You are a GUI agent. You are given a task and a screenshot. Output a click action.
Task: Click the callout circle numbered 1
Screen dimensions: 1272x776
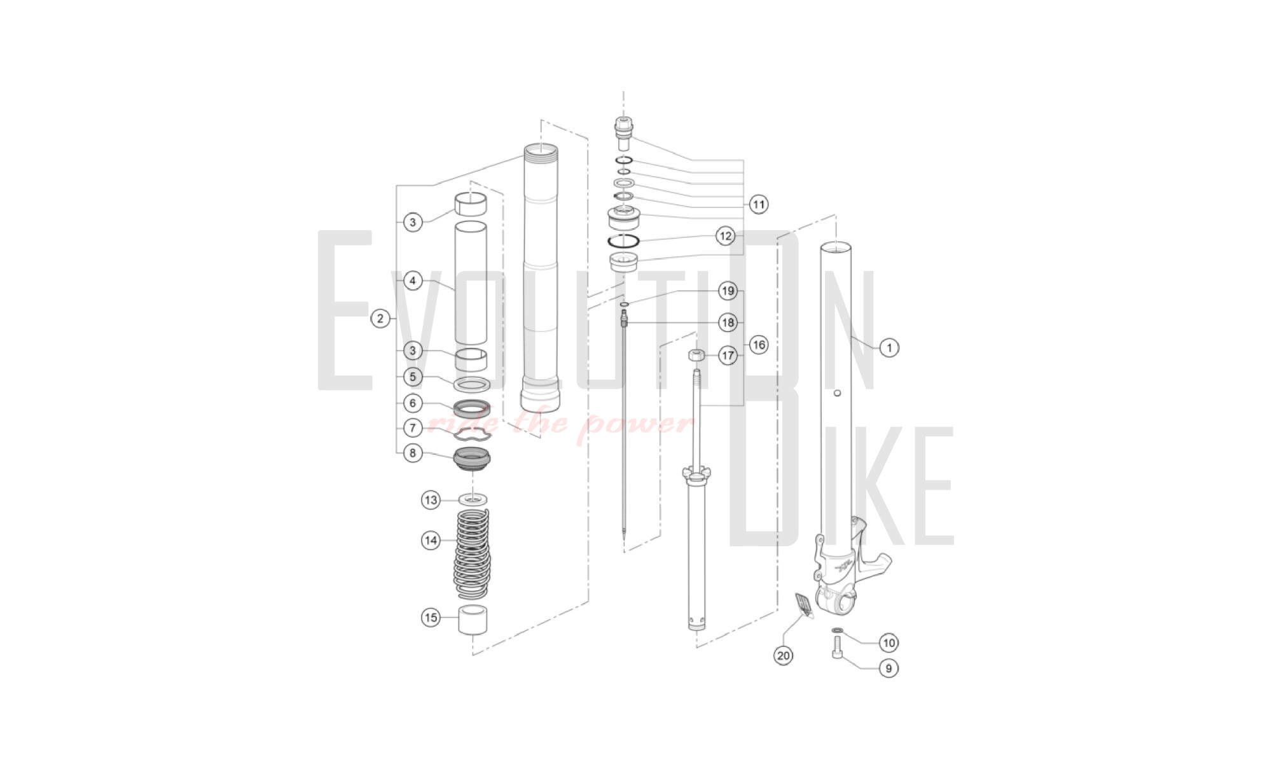pyautogui.click(x=889, y=348)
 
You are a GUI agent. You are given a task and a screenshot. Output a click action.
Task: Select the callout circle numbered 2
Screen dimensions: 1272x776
pyautogui.click(x=380, y=318)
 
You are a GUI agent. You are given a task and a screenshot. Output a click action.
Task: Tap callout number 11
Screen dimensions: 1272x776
pyautogui.click(x=758, y=204)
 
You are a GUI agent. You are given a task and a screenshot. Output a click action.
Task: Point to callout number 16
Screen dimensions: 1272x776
pyautogui.click(x=758, y=345)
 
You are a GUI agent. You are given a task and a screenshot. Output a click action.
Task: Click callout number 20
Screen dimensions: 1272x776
pyautogui.click(x=784, y=655)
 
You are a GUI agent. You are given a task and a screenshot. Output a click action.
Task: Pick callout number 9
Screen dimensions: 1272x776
pyautogui.click(x=888, y=668)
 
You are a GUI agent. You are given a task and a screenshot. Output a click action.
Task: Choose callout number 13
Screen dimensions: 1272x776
pyautogui.click(x=431, y=500)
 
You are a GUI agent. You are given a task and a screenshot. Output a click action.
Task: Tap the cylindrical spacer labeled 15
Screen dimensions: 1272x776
pyautogui.click(x=474, y=620)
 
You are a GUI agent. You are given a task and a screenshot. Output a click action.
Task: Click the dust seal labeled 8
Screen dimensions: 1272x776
pyautogui.click(x=473, y=459)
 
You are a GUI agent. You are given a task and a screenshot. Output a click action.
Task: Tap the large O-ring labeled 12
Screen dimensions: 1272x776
pyautogui.click(x=624, y=240)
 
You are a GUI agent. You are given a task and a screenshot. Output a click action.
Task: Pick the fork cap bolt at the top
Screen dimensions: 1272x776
pyautogui.click(x=623, y=132)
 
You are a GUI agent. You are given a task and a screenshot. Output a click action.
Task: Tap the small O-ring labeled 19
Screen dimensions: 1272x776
pyautogui.click(x=625, y=304)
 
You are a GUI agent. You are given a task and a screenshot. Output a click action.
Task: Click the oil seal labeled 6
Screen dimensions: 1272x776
pyautogui.click(x=472, y=407)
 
